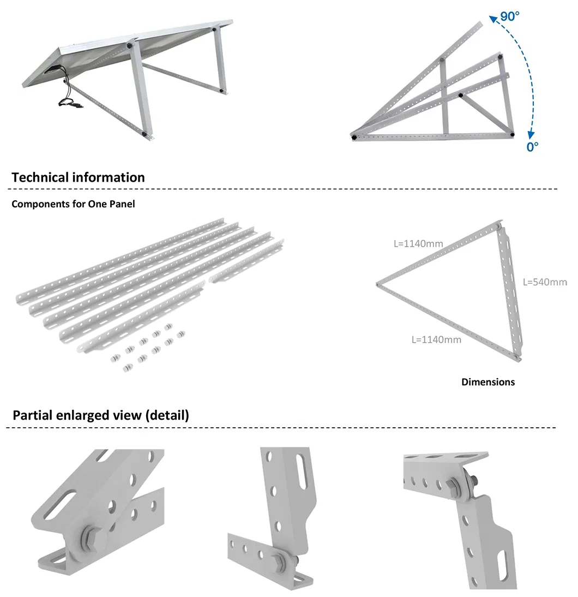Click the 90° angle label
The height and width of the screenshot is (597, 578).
[509, 16]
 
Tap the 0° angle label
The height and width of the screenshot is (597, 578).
[532, 147]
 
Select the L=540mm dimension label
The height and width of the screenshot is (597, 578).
[545, 282]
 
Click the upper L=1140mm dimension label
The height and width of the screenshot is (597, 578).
[418, 244]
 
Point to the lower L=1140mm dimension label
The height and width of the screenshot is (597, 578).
[436, 339]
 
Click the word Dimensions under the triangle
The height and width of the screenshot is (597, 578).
[488, 382]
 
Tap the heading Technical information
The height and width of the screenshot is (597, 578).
[78, 177]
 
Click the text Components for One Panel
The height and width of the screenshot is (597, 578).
[73, 204]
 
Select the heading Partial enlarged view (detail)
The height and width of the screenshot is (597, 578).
[101, 415]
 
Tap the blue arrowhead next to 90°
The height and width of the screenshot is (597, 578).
[493, 19]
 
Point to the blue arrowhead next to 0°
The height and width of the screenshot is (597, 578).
[531, 135]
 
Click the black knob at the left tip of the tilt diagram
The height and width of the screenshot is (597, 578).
[354, 137]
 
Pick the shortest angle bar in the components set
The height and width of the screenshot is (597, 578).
[246, 261]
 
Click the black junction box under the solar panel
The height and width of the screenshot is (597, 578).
[52, 69]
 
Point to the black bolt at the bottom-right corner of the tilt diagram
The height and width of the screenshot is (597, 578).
[512, 134]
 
